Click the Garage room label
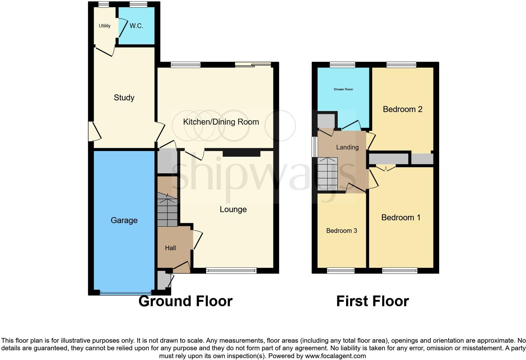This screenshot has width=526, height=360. (x=124, y=220)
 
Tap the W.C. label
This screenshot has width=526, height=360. (x=136, y=26)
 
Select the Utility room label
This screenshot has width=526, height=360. (x=104, y=26)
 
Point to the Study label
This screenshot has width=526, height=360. (x=124, y=98)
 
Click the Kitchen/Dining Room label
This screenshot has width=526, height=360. (x=221, y=122)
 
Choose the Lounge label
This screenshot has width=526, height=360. (x=233, y=209)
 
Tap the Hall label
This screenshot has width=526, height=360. (x=170, y=248)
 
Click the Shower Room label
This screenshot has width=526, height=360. (x=343, y=89)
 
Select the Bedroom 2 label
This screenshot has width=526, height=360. (x=402, y=109)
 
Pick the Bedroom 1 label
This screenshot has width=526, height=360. (x=400, y=217)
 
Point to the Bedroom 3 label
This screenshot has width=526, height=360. (x=341, y=231)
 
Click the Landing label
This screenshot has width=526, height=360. (x=347, y=147)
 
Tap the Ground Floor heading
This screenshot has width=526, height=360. (x=185, y=301)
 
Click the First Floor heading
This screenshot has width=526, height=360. (x=372, y=301)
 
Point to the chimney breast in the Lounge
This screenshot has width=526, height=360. (x=242, y=154)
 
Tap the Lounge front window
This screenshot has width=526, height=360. (x=231, y=270)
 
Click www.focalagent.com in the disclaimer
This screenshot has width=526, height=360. (x=335, y=356)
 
